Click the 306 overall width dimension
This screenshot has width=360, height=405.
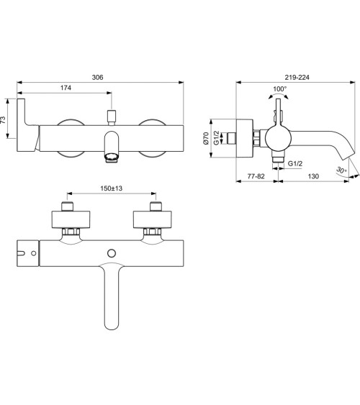pyautogui.click(x=97, y=77)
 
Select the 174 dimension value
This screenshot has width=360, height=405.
pyautogui.click(x=66, y=88)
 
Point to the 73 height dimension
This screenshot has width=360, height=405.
pyautogui.click(x=3, y=119)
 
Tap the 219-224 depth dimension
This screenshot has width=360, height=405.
pyautogui.click(x=297, y=77)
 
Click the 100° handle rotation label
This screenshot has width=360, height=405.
pyautogui.click(x=280, y=89)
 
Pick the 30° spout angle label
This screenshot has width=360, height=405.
pyautogui.click(x=341, y=170)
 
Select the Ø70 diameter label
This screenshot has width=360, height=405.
pyautogui.click(x=206, y=138)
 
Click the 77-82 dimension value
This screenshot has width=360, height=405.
pyautogui.click(x=256, y=176)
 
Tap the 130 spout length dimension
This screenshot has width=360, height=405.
pyautogui.click(x=313, y=176)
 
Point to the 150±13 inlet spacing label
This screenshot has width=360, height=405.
pyautogui.click(x=112, y=188)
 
